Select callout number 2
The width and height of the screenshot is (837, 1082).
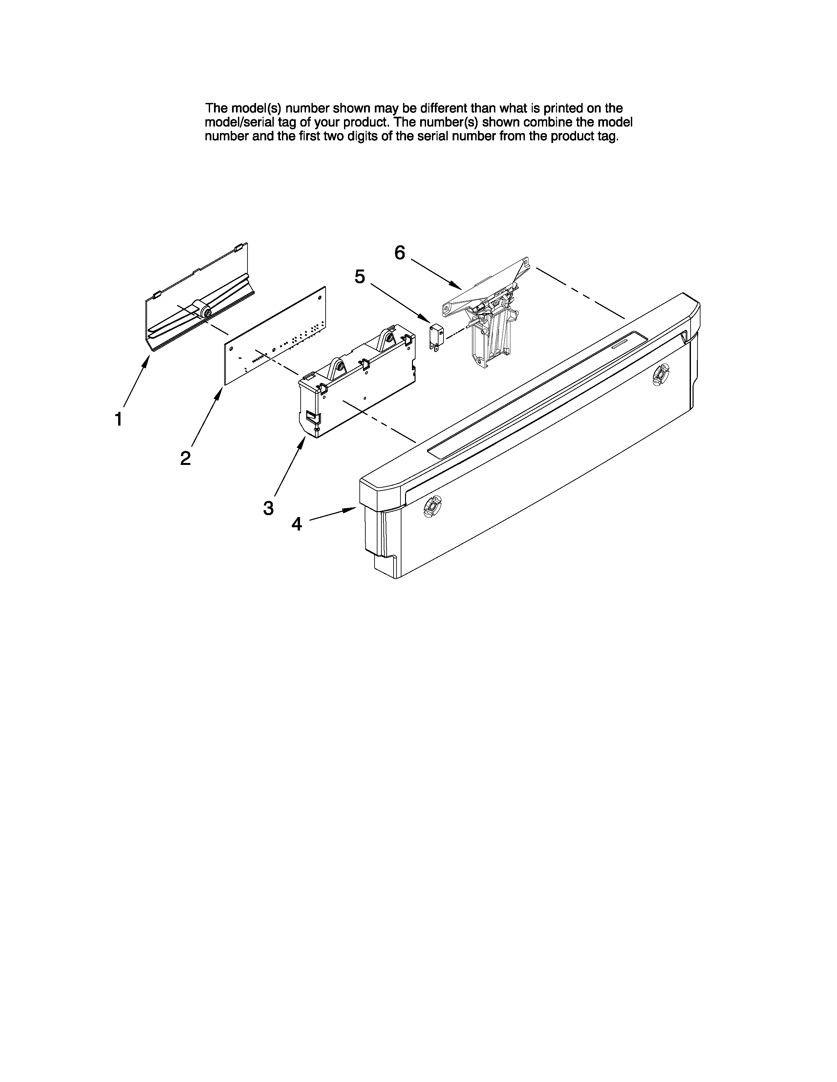pyautogui.click(x=185, y=458)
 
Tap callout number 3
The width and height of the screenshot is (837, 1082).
pyautogui.click(x=268, y=508)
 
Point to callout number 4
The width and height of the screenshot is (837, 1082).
pyautogui.click(x=296, y=524)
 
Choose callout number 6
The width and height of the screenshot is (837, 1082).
pyautogui.click(x=400, y=253)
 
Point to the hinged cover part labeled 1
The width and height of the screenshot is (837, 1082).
pyautogui.click(x=198, y=302)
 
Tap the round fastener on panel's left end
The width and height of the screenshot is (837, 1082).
pyautogui.click(x=432, y=506)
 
